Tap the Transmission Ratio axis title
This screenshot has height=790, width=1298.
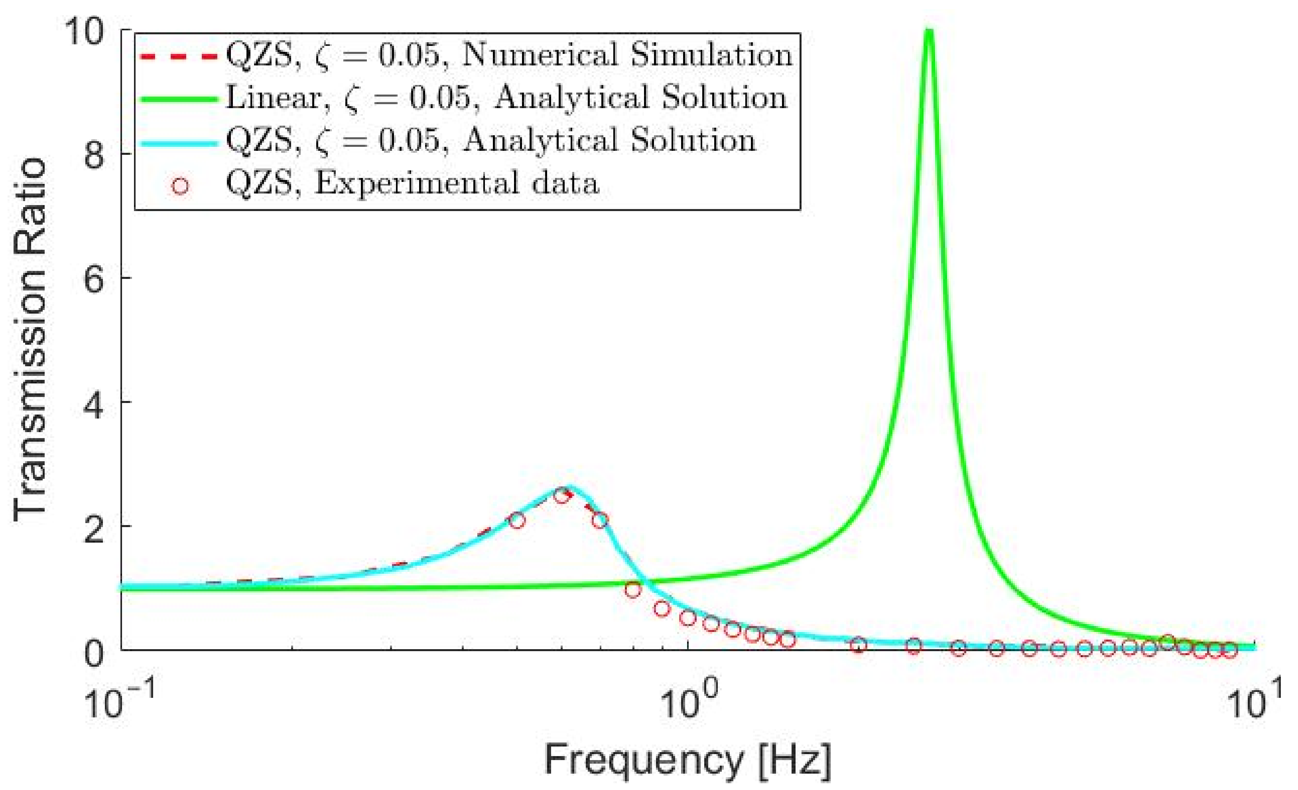point(31,340)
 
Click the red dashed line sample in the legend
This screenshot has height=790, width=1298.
point(178,56)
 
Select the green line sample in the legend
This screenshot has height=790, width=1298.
point(178,99)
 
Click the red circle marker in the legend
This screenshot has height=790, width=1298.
point(180,186)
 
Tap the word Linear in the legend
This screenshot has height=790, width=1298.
point(274,98)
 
